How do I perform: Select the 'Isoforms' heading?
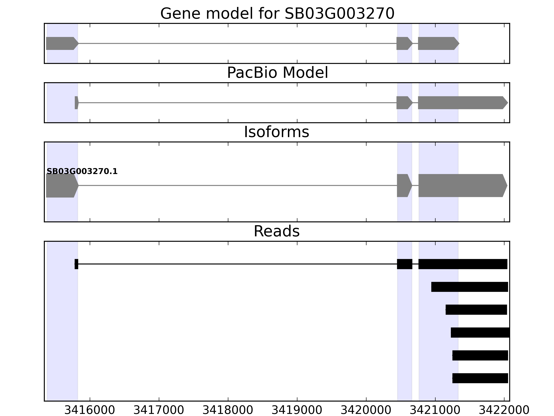pyautogui.click(x=276, y=132)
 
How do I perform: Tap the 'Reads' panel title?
pyautogui.click(x=276, y=231)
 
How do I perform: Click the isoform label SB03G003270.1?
pyautogui.click(x=82, y=172)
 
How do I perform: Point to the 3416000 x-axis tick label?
pyautogui.click(x=90, y=410)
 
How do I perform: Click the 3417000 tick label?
pyautogui.click(x=159, y=410)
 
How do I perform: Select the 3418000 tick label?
pyautogui.click(x=228, y=410)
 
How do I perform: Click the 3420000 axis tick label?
pyautogui.click(x=366, y=410)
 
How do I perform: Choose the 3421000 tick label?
pyautogui.click(x=435, y=410)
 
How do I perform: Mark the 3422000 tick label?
pyautogui.click(x=504, y=410)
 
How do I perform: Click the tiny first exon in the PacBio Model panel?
pyautogui.click(x=76, y=103)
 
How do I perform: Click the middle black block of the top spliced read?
pyautogui.click(x=404, y=264)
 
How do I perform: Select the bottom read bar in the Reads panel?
pyautogui.click(x=480, y=378)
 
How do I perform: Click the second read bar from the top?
pyautogui.click(x=469, y=287)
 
